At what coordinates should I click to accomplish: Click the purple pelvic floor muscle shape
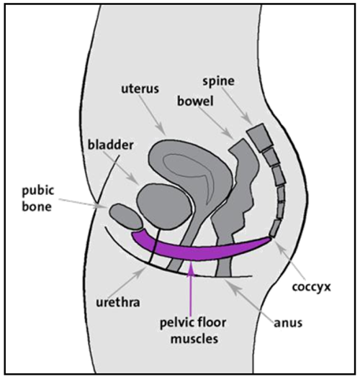pos(202,250)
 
